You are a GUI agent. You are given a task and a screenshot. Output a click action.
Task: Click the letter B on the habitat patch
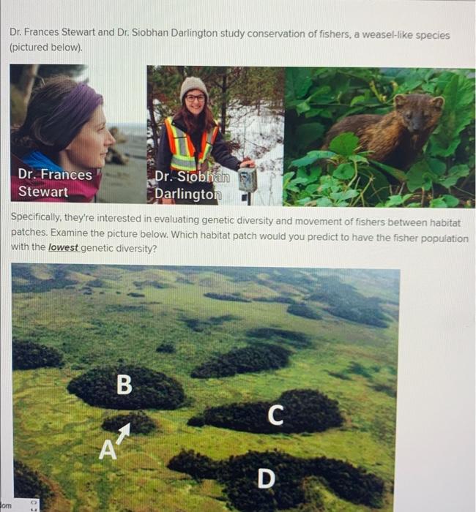(x=124, y=384)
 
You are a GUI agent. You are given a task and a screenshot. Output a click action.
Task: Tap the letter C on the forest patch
(x=275, y=414)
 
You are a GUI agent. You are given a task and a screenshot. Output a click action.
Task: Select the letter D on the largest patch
(x=267, y=478)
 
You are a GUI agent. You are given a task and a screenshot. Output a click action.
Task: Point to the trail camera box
(x=248, y=178)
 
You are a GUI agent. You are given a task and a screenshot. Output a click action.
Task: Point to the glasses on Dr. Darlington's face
(x=194, y=97)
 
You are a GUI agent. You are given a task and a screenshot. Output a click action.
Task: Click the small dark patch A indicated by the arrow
(x=132, y=421)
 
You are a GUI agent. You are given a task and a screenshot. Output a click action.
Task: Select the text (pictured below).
(x=46, y=48)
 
